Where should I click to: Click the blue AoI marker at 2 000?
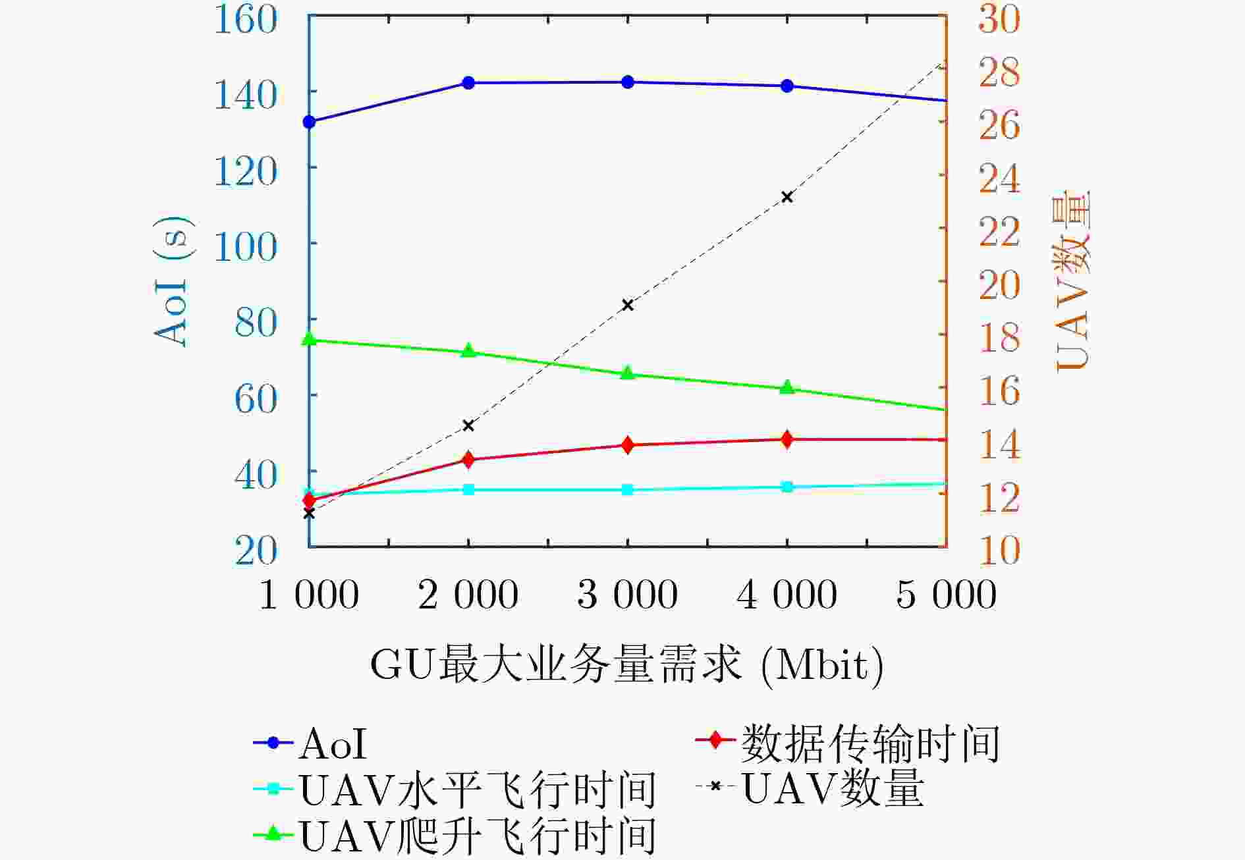coord(468,83)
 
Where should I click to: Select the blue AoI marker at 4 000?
coord(787,86)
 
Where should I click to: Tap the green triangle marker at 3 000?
coord(628,373)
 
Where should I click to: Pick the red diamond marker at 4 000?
coord(787,439)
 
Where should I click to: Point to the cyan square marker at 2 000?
coord(468,489)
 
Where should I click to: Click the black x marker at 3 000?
coord(628,305)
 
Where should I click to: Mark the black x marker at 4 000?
coord(787,197)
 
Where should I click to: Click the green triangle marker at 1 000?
coord(309,339)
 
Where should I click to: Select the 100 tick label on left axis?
coord(245,247)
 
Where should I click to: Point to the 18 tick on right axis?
coord(999,337)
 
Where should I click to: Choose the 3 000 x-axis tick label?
coord(627,594)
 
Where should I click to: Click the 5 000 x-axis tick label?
coord(946,594)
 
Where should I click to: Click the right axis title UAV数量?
coord(1072,280)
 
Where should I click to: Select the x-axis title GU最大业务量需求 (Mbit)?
coord(626,665)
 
